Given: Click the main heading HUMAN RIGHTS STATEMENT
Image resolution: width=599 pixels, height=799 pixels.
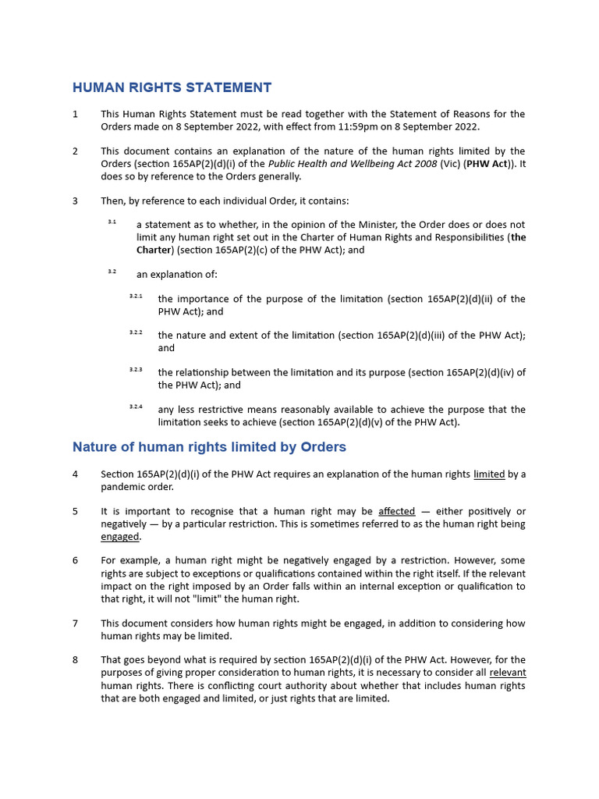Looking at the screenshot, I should [172, 87].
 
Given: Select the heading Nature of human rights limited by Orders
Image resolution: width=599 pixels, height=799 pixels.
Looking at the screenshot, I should [209, 447].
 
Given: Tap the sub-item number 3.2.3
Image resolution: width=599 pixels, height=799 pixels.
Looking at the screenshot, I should [136, 369].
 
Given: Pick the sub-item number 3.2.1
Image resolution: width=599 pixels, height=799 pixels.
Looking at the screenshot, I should [136, 296].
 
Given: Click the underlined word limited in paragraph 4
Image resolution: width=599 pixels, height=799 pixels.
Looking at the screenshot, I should [489, 474].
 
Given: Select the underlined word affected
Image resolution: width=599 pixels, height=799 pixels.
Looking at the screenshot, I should [396, 511].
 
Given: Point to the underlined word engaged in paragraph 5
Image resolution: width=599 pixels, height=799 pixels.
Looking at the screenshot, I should [120, 537].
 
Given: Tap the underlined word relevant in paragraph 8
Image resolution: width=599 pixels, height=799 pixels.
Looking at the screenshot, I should [507, 673].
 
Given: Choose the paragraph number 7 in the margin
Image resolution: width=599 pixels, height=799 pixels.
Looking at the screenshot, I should [76, 623].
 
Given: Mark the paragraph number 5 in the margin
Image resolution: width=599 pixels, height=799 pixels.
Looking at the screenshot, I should [76, 511].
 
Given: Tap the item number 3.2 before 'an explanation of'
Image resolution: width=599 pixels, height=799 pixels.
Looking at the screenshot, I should [112, 271].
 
